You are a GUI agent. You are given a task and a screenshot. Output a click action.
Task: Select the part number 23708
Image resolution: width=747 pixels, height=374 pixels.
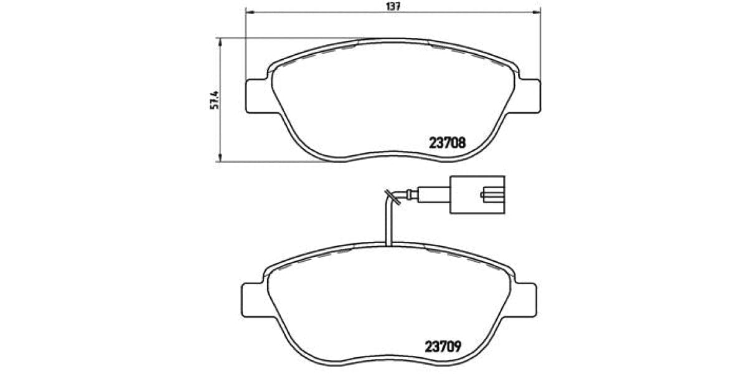point(447,143)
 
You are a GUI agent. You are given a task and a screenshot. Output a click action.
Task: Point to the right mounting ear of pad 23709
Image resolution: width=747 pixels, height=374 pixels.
point(524,300)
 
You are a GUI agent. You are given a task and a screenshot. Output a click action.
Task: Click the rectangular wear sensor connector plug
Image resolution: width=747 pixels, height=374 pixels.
point(477,196)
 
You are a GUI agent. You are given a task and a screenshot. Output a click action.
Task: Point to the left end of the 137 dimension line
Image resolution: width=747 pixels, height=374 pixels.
point(247,13)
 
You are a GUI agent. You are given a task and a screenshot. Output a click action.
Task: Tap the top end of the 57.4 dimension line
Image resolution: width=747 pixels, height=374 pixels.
point(220,38)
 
